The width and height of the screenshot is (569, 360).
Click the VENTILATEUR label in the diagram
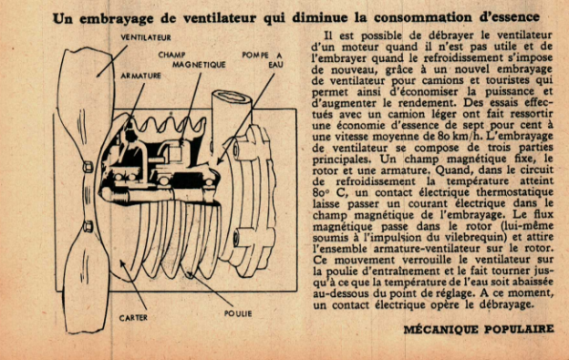(146, 37)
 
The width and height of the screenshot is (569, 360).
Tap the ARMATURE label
(140, 76)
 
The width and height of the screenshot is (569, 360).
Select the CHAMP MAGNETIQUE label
(191, 60)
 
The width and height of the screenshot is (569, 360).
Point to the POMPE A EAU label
(263, 60)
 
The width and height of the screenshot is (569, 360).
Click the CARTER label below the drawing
(133, 318)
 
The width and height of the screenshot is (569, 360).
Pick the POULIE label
(238, 314)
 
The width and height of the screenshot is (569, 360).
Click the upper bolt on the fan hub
(88, 167)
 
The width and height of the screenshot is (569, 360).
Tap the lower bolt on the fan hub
(88, 226)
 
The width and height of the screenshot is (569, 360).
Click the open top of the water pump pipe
(232, 98)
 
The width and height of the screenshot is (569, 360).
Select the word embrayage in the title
(117, 18)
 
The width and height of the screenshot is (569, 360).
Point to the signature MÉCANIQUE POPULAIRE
(479, 329)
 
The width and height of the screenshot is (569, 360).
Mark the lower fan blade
(87, 283)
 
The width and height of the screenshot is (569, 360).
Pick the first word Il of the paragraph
(328, 36)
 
